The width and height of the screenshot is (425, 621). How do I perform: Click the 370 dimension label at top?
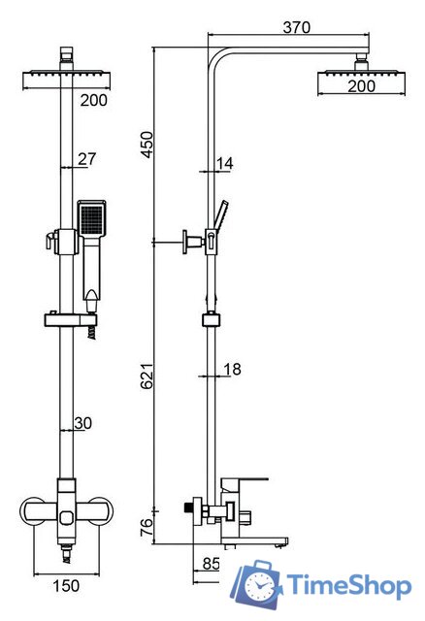tap(297, 27)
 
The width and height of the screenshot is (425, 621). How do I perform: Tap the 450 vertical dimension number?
tap(147, 145)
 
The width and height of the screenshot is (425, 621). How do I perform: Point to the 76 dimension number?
tap(147, 527)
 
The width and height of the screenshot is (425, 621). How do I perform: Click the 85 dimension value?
tap(211, 564)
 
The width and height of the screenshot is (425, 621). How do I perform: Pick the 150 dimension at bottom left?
tap(66, 586)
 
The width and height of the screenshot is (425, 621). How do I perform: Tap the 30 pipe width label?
tap(83, 423)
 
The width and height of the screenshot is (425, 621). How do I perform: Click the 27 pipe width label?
tap(86, 158)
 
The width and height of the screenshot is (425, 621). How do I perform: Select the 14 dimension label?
tap(225, 163)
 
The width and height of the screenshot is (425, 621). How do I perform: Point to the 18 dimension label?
tap(232, 369)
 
